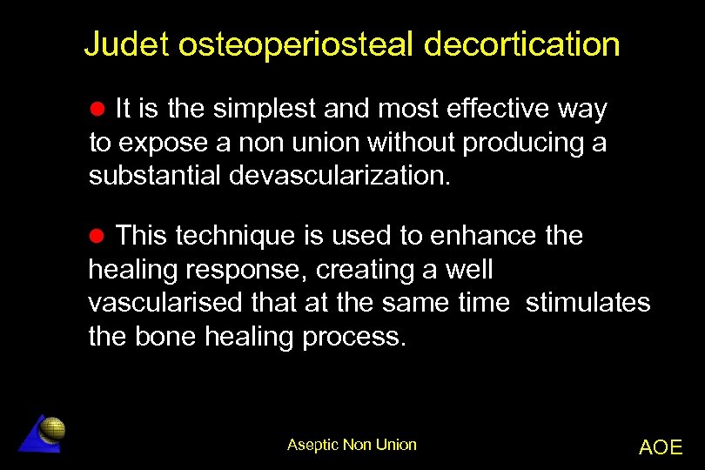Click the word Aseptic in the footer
pos(313,445)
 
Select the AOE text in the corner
pos(661,447)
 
